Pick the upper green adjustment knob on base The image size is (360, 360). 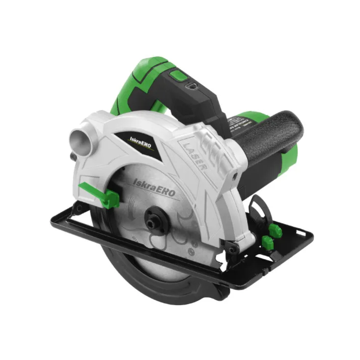276,229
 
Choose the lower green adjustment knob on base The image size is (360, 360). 267,241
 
